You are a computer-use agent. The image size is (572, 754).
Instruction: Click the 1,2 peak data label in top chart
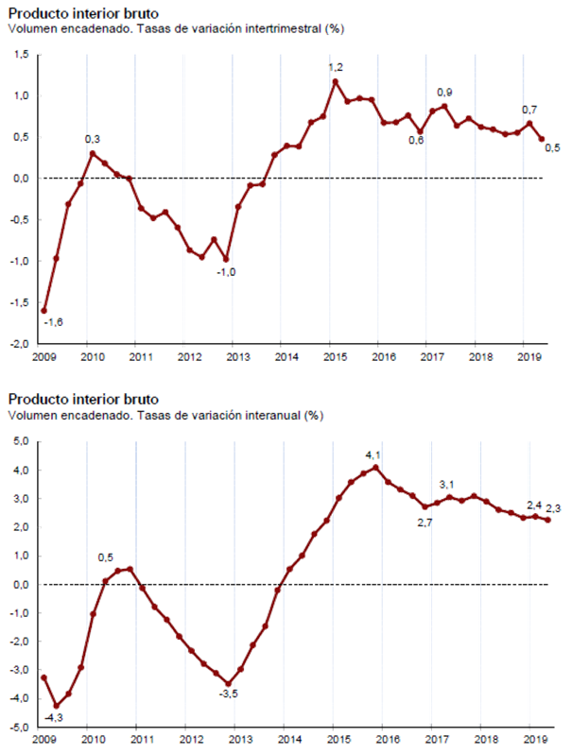[336, 68]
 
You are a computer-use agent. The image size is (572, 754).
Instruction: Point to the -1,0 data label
[227, 272]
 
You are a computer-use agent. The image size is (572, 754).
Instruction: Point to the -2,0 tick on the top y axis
[19, 345]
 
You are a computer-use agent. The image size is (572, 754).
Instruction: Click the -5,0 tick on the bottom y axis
[19, 728]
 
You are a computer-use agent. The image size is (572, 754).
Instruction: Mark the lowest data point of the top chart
[43, 310]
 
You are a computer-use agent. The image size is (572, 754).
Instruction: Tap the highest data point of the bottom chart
[376, 467]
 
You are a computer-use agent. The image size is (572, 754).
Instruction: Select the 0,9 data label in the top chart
[444, 92]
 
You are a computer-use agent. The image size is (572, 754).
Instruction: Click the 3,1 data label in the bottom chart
[449, 485]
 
